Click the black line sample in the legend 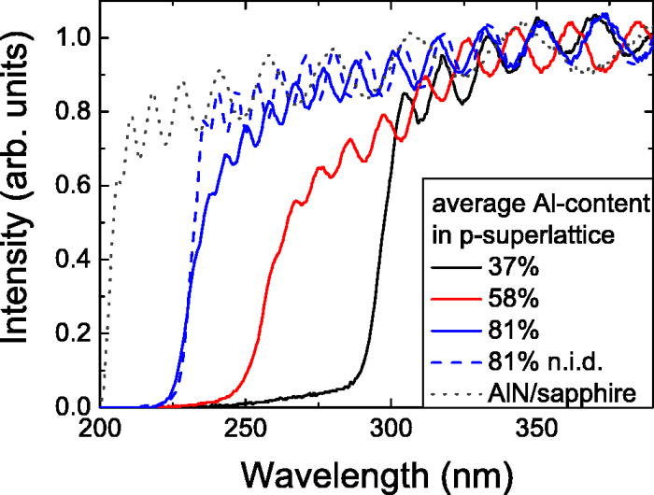tap(450, 274)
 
